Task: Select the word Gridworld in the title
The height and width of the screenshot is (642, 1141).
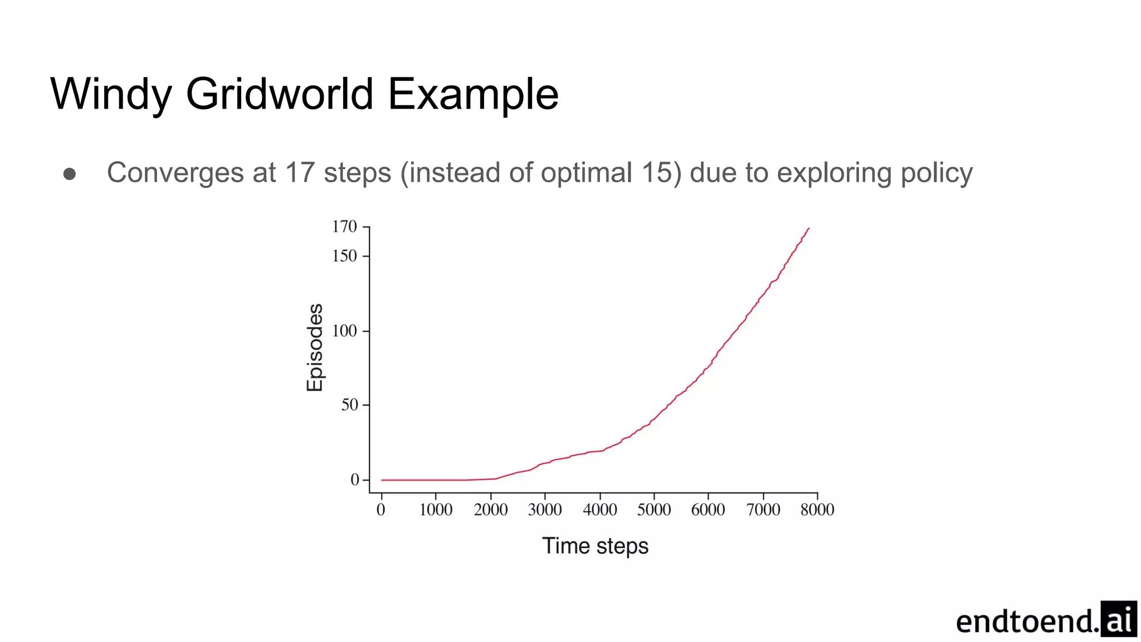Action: pos(279,94)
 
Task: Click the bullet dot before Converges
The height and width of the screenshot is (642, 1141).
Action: pos(70,174)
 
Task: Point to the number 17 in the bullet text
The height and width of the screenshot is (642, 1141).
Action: pos(300,173)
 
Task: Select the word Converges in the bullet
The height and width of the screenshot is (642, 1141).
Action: pos(175,173)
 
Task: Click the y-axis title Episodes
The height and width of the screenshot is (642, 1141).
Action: pos(315,347)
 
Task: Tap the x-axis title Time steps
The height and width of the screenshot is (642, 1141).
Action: pos(595,546)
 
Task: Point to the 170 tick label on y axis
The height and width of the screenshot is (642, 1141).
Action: pos(344,227)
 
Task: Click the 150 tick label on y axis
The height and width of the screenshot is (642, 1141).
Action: pos(344,256)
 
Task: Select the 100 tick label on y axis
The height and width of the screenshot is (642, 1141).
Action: pos(344,331)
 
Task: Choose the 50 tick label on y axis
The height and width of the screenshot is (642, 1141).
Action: pos(349,405)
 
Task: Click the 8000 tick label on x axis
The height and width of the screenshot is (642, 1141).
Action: pos(817,510)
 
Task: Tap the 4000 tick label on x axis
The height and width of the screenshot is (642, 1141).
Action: pos(599,510)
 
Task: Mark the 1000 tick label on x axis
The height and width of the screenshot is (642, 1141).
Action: pos(436,510)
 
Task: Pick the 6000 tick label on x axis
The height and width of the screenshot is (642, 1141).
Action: pos(708,510)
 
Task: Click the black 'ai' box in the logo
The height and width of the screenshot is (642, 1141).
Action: pos(1119,619)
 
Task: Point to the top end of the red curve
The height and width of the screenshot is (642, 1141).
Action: pos(808,228)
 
